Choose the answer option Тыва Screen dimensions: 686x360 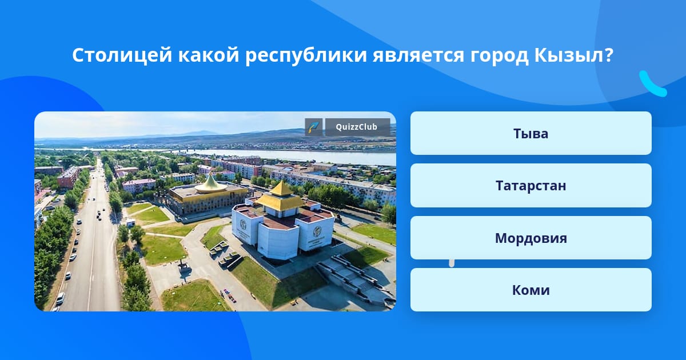click(x=531, y=133)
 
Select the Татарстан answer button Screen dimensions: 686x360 click(x=531, y=186)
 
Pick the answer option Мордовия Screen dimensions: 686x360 click(x=531, y=238)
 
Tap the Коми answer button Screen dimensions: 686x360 click(x=531, y=290)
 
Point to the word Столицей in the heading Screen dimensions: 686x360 click(x=122, y=56)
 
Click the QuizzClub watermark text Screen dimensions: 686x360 click(x=357, y=127)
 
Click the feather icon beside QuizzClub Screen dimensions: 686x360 click(x=314, y=127)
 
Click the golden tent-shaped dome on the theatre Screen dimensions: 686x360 click(x=211, y=184)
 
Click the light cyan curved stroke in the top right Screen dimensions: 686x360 click(x=652, y=84)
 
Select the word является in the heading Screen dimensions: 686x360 click(x=418, y=56)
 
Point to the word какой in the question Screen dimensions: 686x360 click(x=209, y=55)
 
